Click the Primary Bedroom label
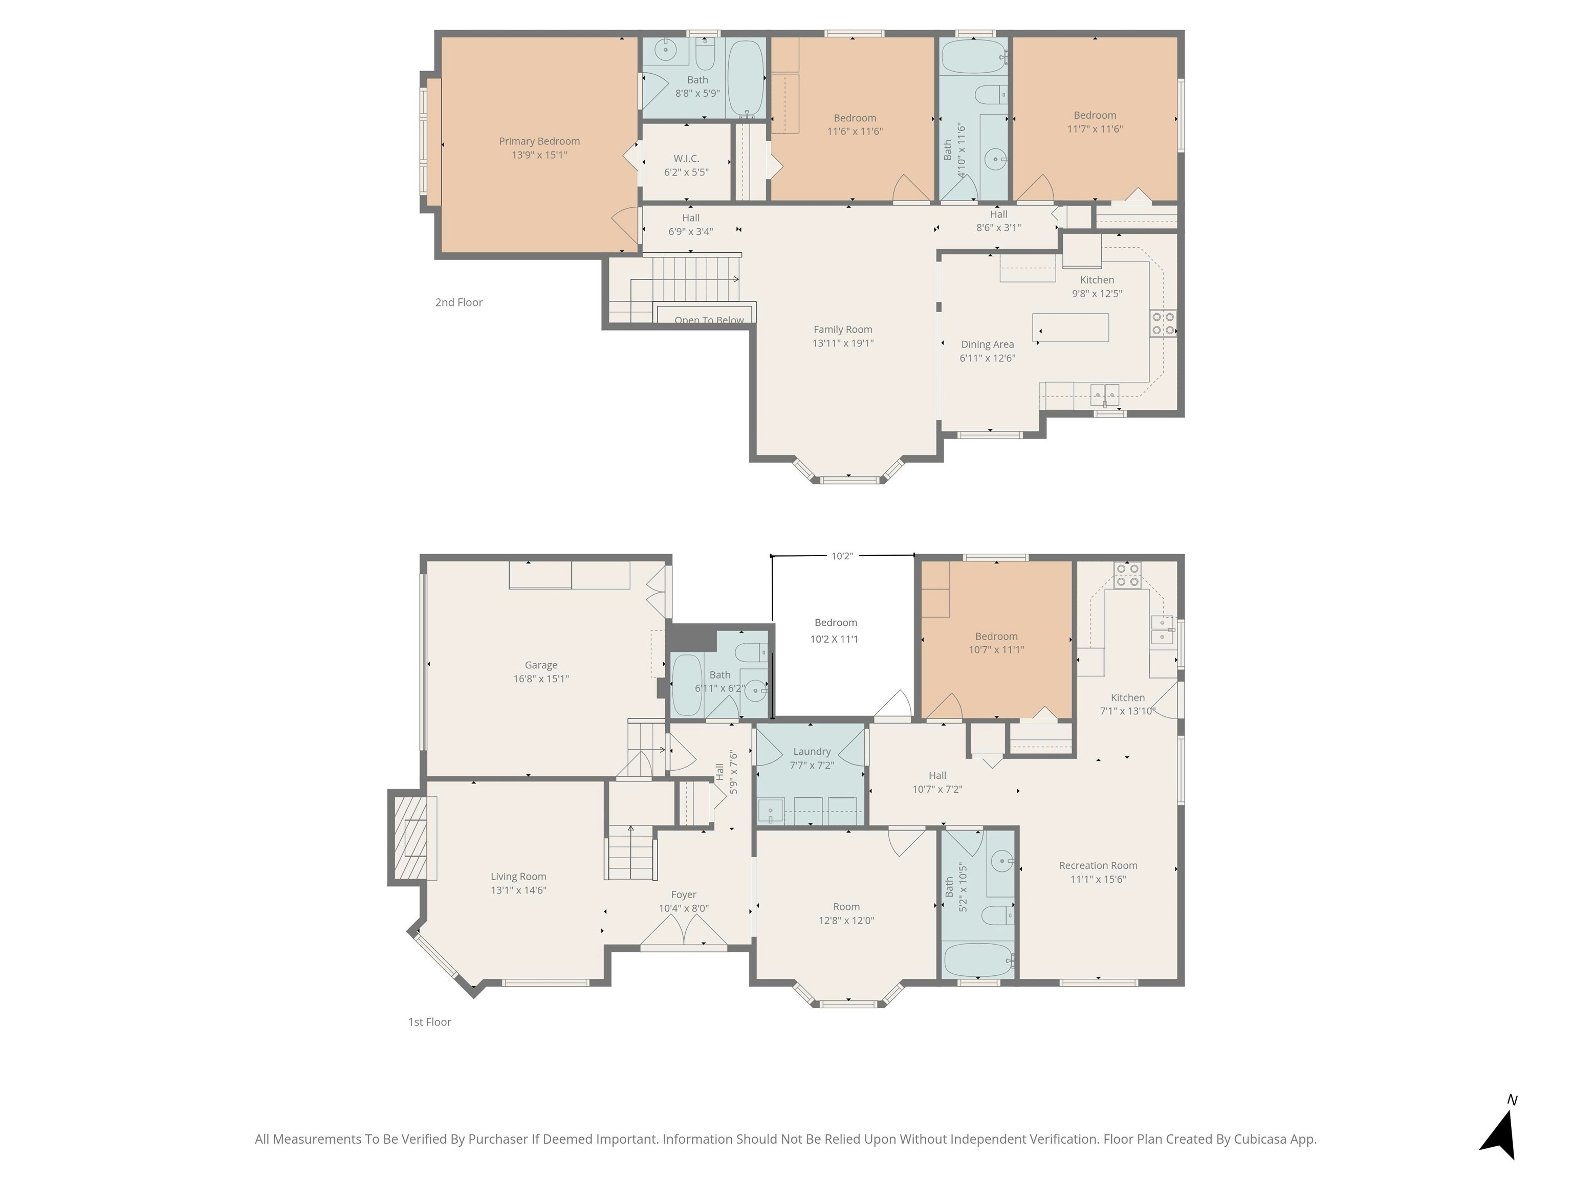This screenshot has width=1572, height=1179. [539, 141]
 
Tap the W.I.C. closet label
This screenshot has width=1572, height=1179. [687, 159]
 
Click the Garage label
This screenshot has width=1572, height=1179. [541, 665]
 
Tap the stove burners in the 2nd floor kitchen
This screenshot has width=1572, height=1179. [1163, 323]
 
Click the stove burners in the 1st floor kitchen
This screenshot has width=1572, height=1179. [1127, 576]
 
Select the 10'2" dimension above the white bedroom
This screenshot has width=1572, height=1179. [842, 556]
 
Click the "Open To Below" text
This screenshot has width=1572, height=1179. [709, 320]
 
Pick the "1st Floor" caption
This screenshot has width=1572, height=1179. [429, 1022]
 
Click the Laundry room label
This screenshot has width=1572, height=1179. [812, 752]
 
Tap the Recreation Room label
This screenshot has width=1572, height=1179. [1098, 866]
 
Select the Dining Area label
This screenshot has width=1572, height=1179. [987, 345]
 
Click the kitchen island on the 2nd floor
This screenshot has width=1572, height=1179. [1071, 327]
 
